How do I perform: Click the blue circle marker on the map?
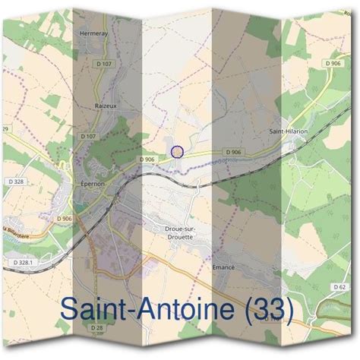click(x=177, y=151)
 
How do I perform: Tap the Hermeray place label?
click(x=94, y=33)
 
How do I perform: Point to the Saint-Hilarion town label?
click(x=289, y=131)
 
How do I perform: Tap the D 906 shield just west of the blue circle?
click(x=147, y=159)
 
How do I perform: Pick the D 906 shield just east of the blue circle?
click(x=232, y=153)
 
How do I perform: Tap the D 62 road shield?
click(x=339, y=286)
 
